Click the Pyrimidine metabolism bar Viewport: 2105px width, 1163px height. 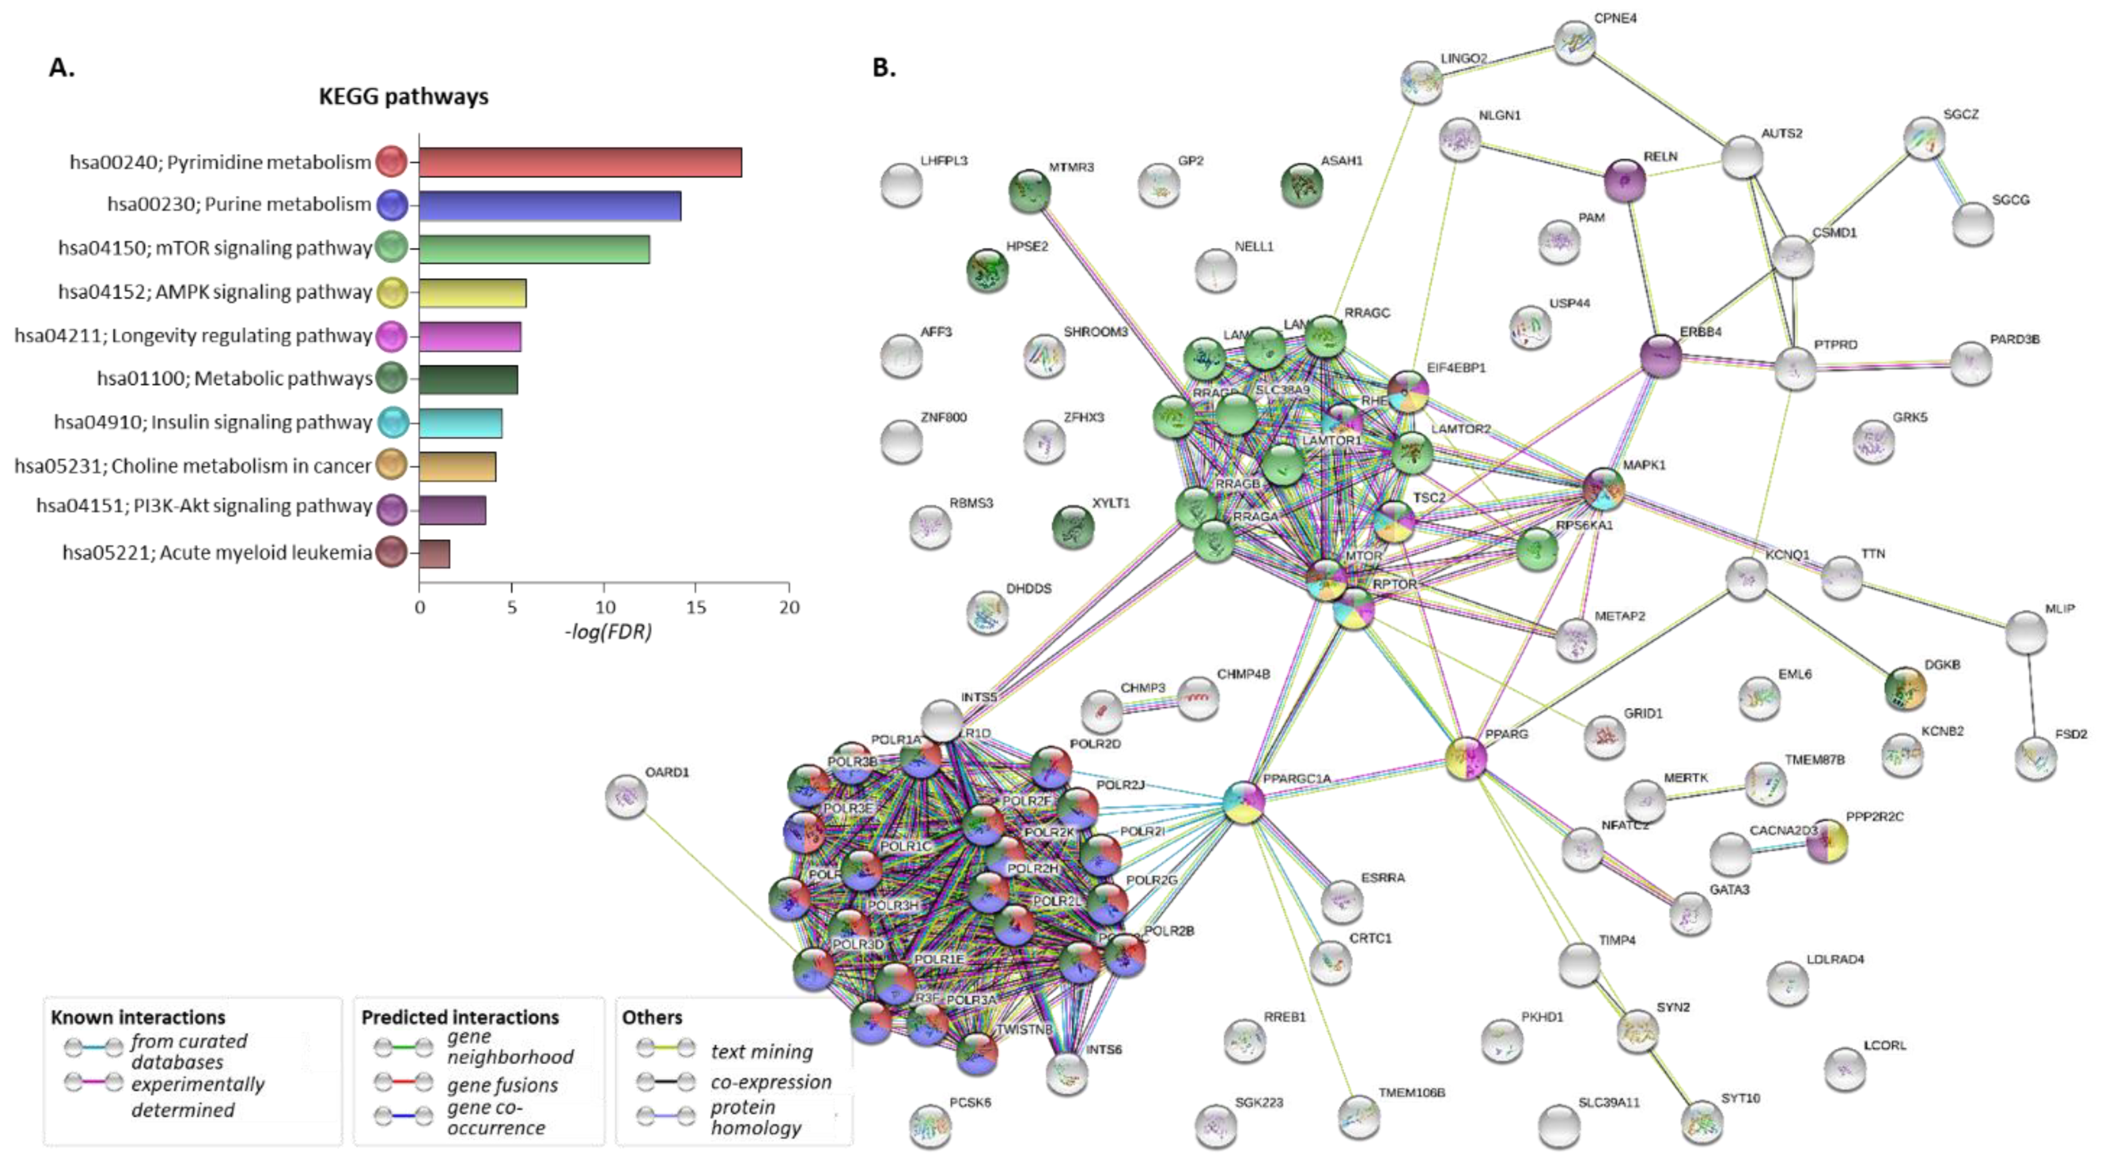(580, 162)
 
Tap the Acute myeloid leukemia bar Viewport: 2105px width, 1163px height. (434, 553)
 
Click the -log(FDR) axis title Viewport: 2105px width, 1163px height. (608, 632)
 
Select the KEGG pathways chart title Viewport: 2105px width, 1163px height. (404, 96)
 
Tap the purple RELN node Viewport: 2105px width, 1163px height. (1625, 181)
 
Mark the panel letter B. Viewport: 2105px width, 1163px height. (884, 68)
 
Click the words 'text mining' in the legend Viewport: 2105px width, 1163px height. (762, 1052)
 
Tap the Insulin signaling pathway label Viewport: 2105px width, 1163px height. (213, 422)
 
